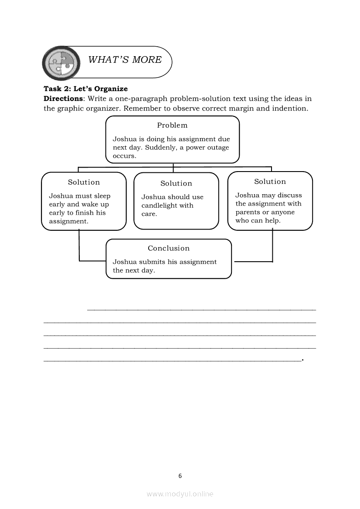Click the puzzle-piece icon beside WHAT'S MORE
coord(61,63)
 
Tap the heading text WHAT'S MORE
coord(125,60)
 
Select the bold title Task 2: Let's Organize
coord(85,89)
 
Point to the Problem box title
coord(172,125)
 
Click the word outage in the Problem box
coord(218,148)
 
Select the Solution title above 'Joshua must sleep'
coord(84,182)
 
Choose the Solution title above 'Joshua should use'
coord(176,184)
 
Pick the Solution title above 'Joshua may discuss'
coord(270,182)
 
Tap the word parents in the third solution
coord(248,212)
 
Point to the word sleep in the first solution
coord(102,196)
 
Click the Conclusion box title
coord(169,249)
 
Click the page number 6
coord(180,476)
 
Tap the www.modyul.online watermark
coord(180,494)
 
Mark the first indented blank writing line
coord(201,309)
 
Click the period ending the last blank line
coord(302,360)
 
